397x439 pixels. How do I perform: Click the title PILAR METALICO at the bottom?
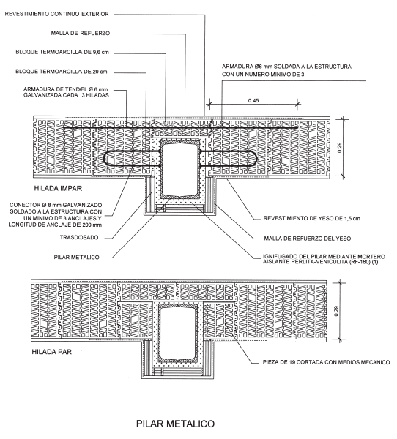[x=175, y=424]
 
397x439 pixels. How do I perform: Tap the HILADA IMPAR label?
[x=58, y=188]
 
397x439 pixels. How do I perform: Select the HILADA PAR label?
[x=51, y=352]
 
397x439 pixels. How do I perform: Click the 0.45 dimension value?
[x=253, y=100]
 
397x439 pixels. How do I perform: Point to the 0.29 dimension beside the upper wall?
[x=340, y=148]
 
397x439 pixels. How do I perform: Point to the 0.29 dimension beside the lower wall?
[x=336, y=311]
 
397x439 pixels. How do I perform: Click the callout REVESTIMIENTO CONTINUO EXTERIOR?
[x=56, y=14]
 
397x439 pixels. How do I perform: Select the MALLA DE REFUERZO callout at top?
[x=81, y=34]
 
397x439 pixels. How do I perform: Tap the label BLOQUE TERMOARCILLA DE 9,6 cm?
[x=62, y=52]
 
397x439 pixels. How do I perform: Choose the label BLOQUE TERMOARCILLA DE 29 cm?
[x=61, y=72]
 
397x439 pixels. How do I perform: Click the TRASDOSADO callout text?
[x=79, y=237]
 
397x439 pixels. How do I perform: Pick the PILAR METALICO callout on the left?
[x=76, y=258]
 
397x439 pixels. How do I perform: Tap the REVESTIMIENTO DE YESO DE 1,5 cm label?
[x=312, y=218]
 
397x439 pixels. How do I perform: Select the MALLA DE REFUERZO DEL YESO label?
[x=308, y=239]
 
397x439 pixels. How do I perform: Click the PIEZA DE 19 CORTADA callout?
[x=326, y=362]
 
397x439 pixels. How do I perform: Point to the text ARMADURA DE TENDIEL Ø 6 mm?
[x=66, y=89]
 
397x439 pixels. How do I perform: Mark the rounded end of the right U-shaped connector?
[x=256, y=159]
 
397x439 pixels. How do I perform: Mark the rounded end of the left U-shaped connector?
[x=105, y=159]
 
